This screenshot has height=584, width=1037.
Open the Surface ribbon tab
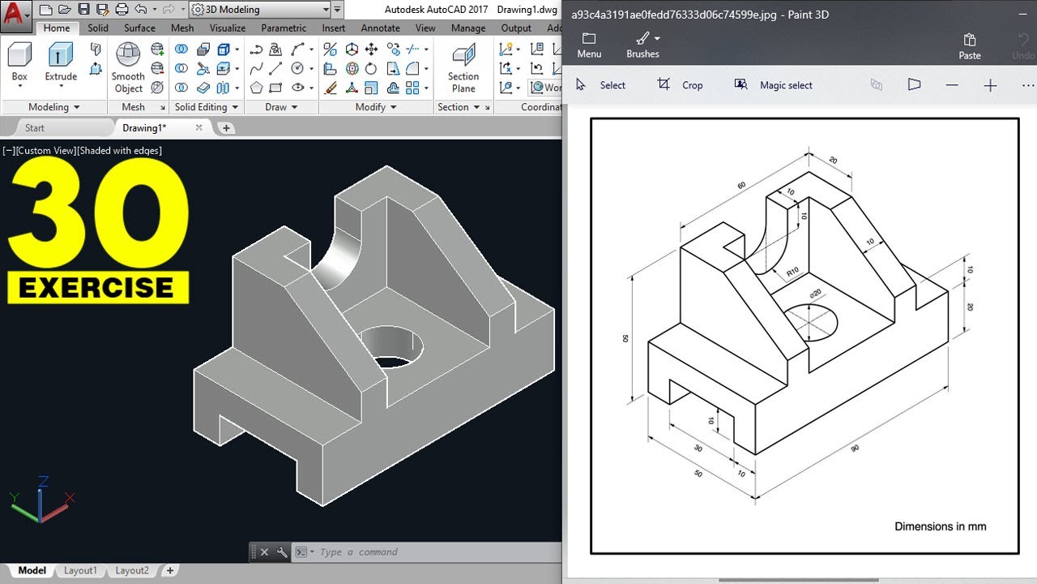tap(139, 28)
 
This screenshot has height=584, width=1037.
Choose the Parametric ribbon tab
tap(284, 28)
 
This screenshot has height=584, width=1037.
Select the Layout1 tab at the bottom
tap(80, 570)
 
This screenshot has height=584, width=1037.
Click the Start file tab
tap(35, 128)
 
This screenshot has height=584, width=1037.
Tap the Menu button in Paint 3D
tap(589, 45)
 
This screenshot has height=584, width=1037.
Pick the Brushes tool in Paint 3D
tap(642, 45)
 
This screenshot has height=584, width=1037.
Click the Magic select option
tap(774, 85)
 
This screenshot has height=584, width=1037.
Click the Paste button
tap(970, 46)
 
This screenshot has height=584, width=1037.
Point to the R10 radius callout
tap(792, 271)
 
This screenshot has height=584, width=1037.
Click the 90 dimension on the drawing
tap(855, 449)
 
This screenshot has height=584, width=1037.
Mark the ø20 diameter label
tap(815, 293)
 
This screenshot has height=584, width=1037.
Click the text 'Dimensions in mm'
tap(940, 526)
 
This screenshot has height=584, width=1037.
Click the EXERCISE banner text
tap(97, 288)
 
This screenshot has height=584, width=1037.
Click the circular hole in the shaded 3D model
tap(391, 345)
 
